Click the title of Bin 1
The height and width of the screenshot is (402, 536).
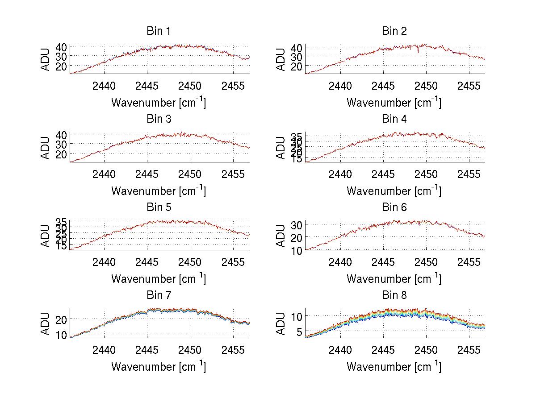(159, 31)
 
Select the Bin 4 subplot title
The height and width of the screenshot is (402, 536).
(394, 119)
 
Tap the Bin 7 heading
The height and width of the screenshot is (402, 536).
(159, 295)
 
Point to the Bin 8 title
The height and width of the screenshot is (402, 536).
(394, 295)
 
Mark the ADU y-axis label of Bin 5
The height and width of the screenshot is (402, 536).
(46, 235)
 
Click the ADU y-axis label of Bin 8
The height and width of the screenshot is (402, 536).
(281, 323)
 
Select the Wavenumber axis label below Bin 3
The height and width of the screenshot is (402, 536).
(159, 191)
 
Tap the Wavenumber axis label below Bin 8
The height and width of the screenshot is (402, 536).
(394, 367)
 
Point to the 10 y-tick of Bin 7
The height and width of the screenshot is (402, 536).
(62, 335)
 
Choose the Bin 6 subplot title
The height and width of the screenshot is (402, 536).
(394, 207)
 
